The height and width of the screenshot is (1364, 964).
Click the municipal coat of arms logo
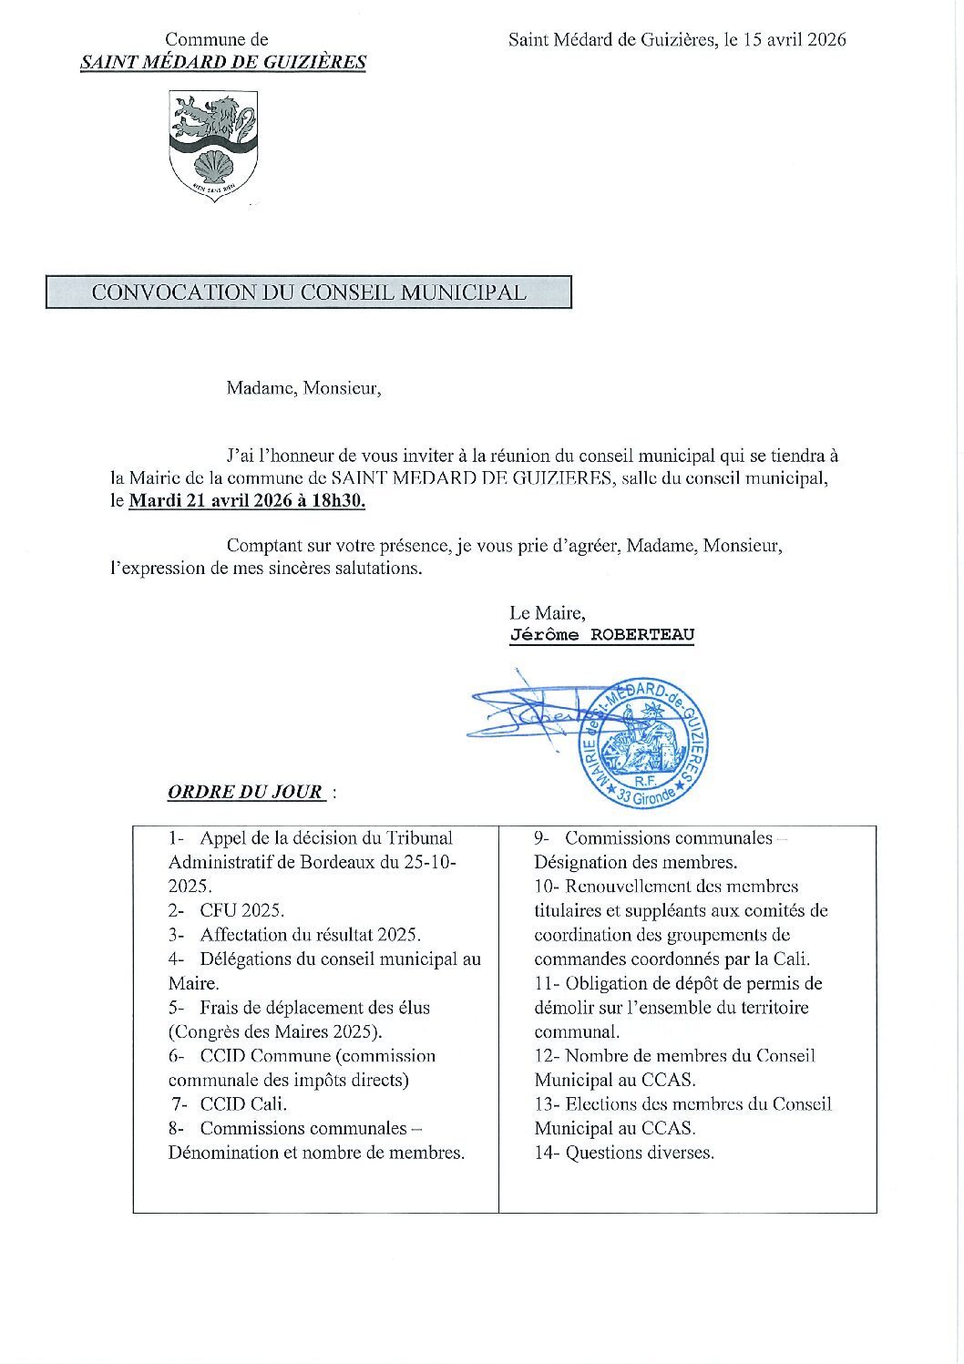(213, 145)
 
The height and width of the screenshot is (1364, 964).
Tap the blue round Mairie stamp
(644, 744)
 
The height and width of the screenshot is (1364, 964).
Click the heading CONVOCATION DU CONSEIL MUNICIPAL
(309, 292)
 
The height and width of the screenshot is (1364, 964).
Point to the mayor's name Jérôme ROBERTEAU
(601, 635)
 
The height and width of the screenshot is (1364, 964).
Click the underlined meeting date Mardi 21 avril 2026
(210, 500)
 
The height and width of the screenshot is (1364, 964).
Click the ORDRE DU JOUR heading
(245, 791)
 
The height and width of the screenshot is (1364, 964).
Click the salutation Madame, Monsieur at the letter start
(303, 388)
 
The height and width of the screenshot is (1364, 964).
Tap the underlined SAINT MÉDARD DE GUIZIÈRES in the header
(223, 62)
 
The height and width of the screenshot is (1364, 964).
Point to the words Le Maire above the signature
(547, 612)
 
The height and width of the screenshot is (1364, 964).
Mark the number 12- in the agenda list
(547, 1056)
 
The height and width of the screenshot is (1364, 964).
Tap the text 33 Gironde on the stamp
(646, 795)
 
